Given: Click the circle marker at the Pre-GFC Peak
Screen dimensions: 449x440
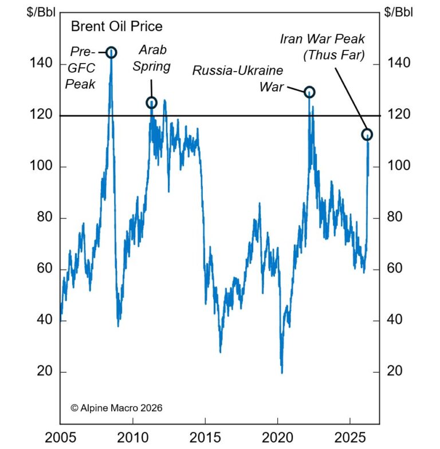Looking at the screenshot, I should pos(111,53).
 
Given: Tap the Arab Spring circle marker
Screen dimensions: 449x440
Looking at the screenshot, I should pos(152,103).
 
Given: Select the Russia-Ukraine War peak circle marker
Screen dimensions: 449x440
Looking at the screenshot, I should pos(309,92).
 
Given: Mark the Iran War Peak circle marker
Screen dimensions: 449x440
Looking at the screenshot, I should pos(367,135).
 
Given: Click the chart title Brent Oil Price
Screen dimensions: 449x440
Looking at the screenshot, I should pos(116,26).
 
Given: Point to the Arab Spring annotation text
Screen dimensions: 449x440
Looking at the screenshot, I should pos(152,58).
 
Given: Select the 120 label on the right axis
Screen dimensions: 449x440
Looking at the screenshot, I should pos(400,115).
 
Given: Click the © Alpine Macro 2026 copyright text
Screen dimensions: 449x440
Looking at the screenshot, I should pos(116,408).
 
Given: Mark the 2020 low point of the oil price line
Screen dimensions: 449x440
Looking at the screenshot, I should pos(282,372).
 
